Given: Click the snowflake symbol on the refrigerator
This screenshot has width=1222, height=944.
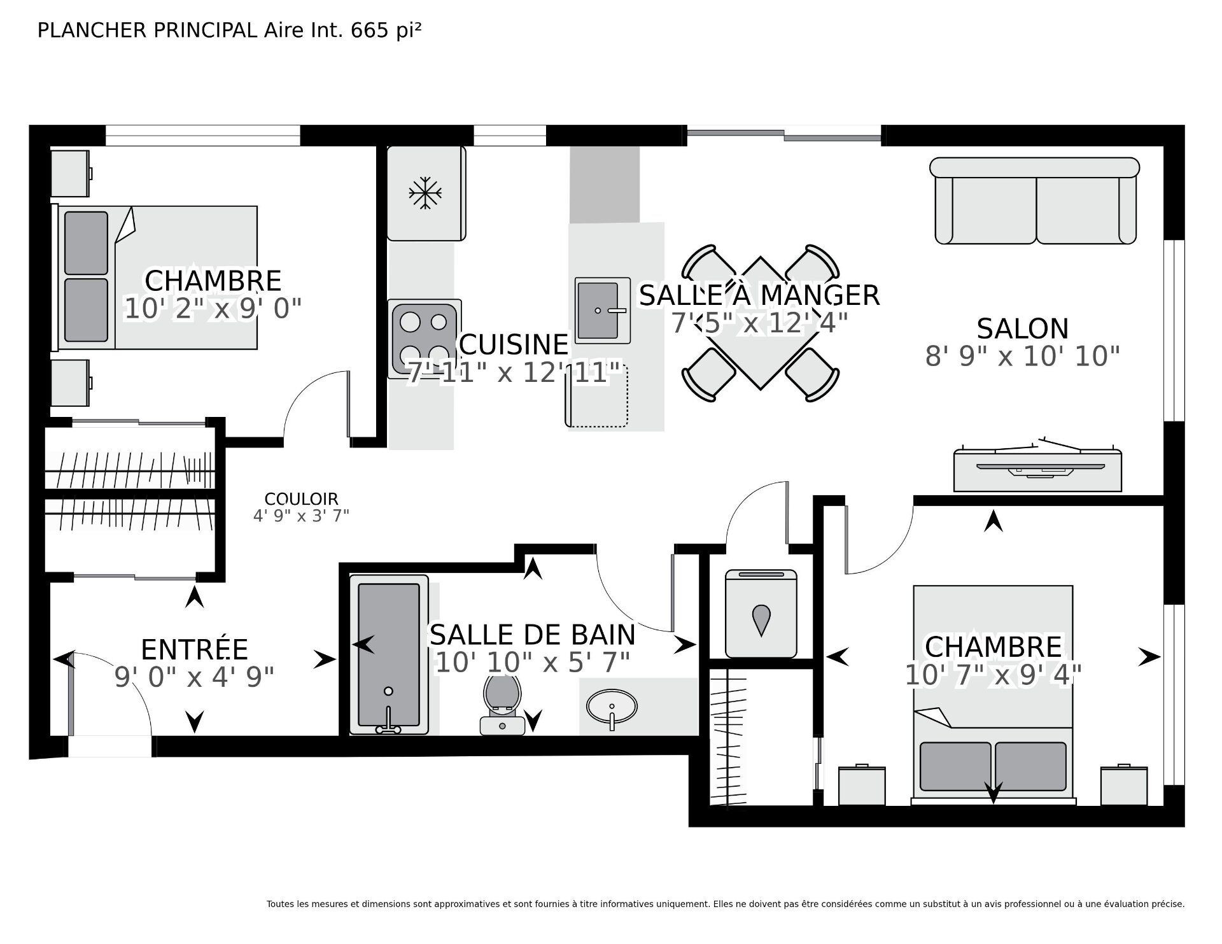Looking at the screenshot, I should point(425,193).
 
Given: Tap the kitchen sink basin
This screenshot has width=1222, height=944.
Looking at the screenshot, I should point(597,310).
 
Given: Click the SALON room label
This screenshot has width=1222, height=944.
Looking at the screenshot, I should point(1022,329).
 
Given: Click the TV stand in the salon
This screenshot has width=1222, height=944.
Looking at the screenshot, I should point(1037,471).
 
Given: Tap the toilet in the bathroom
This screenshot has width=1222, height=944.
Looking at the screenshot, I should point(502,703).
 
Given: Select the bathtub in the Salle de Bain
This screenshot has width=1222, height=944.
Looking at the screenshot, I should point(388,654).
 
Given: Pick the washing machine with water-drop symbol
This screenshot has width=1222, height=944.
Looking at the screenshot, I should point(761,615).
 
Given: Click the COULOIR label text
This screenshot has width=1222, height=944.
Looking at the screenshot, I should point(301,499).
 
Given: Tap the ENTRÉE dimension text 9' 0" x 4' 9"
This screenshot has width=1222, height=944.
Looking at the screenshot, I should point(194,677).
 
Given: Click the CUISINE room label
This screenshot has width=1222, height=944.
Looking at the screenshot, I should point(513,344).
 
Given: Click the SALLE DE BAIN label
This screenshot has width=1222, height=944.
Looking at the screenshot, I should point(532,635).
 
